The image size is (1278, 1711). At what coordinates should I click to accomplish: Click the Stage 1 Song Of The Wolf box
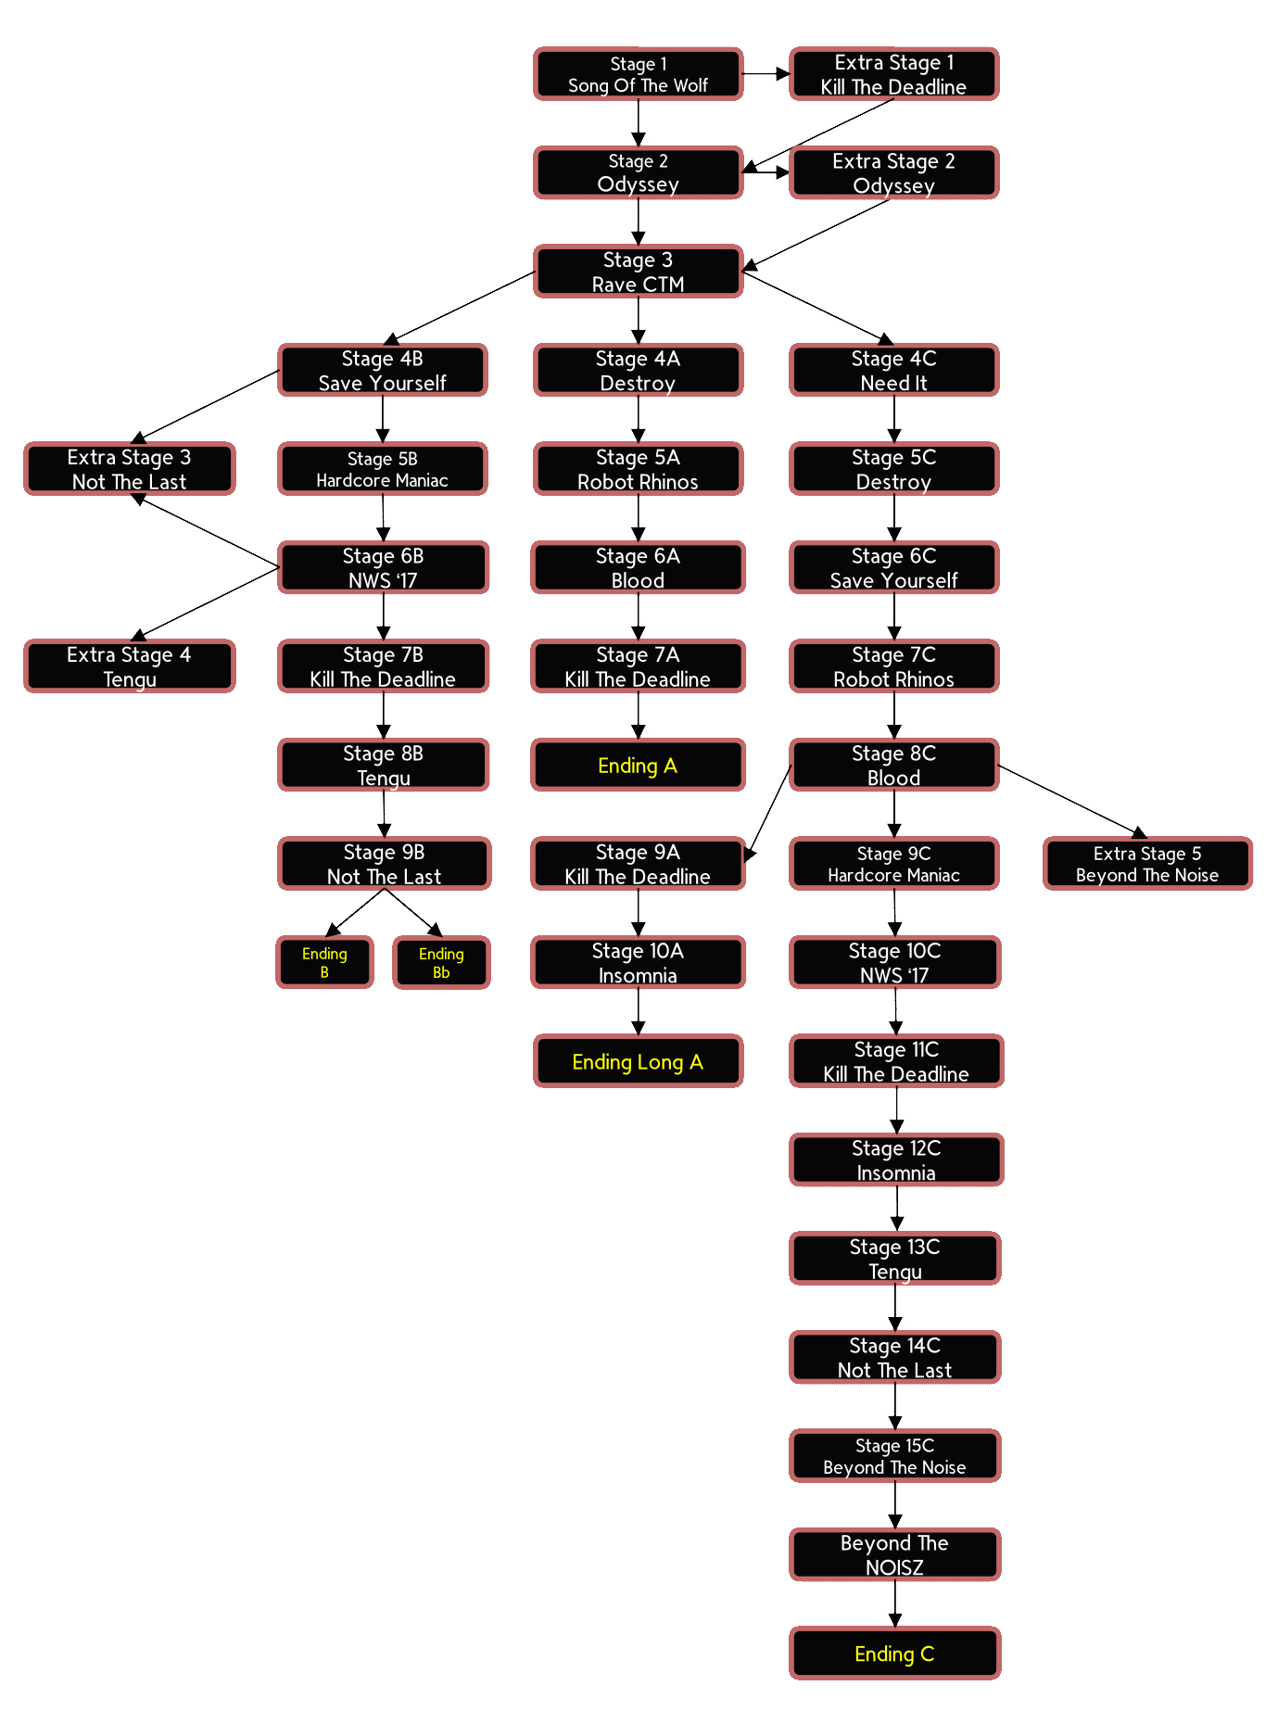point(638,74)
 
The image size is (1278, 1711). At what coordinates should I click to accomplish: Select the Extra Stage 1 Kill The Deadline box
point(893,74)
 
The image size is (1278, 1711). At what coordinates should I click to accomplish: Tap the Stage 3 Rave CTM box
point(638,272)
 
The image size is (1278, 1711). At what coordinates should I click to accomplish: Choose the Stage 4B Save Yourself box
point(382,370)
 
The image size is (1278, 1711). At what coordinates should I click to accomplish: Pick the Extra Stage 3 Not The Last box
point(130,469)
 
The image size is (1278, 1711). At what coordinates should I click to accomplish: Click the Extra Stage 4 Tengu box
point(130,666)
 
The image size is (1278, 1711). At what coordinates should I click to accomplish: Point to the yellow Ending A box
point(638,765)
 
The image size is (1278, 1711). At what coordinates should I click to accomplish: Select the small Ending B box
point(324,962)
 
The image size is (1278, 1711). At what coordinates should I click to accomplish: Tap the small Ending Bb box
point(441,962)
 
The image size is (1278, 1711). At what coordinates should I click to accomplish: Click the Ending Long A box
point(638,1061)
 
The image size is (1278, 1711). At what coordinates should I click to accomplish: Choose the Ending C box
point(894,1654)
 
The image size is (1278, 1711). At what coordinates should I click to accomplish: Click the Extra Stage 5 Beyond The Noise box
point(1147,864)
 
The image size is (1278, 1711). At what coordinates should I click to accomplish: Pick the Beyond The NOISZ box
point(894,1554)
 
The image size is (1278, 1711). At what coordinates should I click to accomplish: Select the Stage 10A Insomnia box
point(638,962)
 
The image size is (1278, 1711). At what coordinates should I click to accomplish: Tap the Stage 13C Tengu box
point(894,1259)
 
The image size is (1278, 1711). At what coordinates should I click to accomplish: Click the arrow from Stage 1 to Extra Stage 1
point(766,73)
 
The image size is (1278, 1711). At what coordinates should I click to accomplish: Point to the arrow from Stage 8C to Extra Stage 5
point(1072,801)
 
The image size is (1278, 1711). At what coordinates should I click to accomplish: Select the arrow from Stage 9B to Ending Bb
point(412,913)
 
